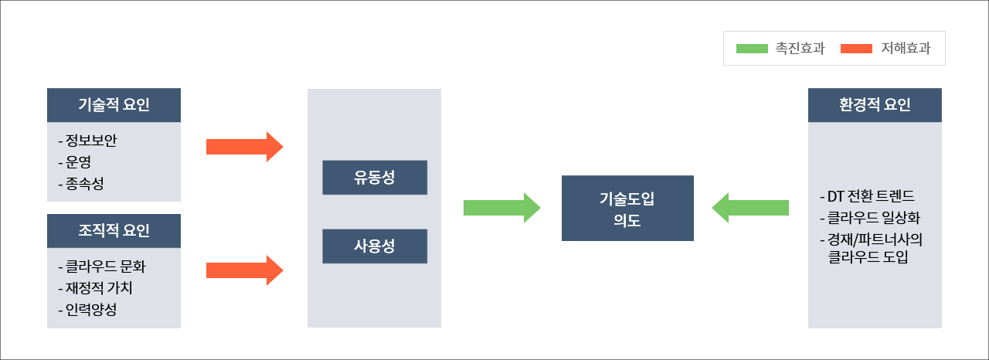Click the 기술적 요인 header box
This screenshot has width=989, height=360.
pos(114,105)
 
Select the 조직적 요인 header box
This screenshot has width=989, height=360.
pos(114,231)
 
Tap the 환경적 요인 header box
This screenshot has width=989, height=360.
pos(875,105)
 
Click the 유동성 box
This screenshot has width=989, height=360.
pos(375,178)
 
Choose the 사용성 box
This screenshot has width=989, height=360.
pos(375,246)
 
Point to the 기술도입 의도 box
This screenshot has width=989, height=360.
pos(627,209)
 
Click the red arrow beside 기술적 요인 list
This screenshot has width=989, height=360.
pos(245,147)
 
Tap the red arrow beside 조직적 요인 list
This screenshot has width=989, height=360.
pos(245,270)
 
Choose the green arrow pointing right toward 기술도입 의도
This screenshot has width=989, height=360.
pos(502,207)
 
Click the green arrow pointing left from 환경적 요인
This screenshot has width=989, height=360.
pos(750,207)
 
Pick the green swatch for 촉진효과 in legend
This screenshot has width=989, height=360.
pos(752,49)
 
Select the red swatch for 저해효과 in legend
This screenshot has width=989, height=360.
pos(856,49)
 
